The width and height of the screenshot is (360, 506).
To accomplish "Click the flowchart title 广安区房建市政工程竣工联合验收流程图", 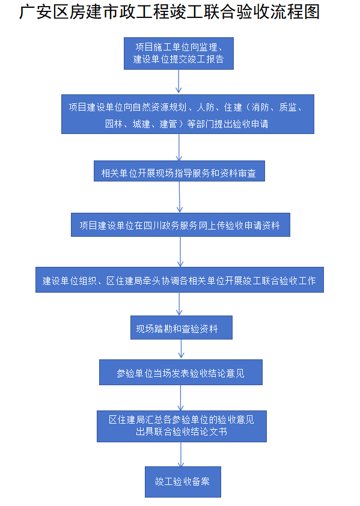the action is [x=169, y=12].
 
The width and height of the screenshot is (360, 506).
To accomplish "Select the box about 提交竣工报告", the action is [x=178, y=53].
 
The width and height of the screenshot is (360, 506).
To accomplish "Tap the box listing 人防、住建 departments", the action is [x=188, y=114].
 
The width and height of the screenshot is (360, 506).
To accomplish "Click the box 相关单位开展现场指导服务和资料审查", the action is [x=179, y=171].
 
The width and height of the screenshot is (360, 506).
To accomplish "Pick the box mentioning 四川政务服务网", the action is [x=180, y=225].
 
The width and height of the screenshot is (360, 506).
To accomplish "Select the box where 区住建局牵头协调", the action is [x=180, y=280].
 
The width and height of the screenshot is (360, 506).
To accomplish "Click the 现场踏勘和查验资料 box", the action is [x=181, y=328].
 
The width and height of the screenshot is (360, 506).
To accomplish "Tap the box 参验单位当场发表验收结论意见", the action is [x=180, y=373].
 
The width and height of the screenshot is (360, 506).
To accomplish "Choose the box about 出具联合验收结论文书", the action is [x=182, y=426].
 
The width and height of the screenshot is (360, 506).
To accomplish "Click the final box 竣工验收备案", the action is [x=183, y=482].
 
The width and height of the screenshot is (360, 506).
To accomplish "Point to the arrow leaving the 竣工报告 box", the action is [x=178, y=81].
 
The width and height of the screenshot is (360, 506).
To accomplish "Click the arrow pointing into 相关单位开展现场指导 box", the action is [x=179, y=147].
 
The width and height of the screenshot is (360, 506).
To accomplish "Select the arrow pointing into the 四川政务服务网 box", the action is [x=180, y=197].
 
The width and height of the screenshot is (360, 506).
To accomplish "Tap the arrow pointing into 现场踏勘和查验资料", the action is [x=179, y=304].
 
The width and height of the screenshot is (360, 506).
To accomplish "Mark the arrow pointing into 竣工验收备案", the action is [x=181, y=454].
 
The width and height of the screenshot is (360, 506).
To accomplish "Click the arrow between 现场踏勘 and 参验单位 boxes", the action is [x=181, y=349].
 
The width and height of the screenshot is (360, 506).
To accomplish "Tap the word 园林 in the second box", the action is [x=114, y=124].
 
